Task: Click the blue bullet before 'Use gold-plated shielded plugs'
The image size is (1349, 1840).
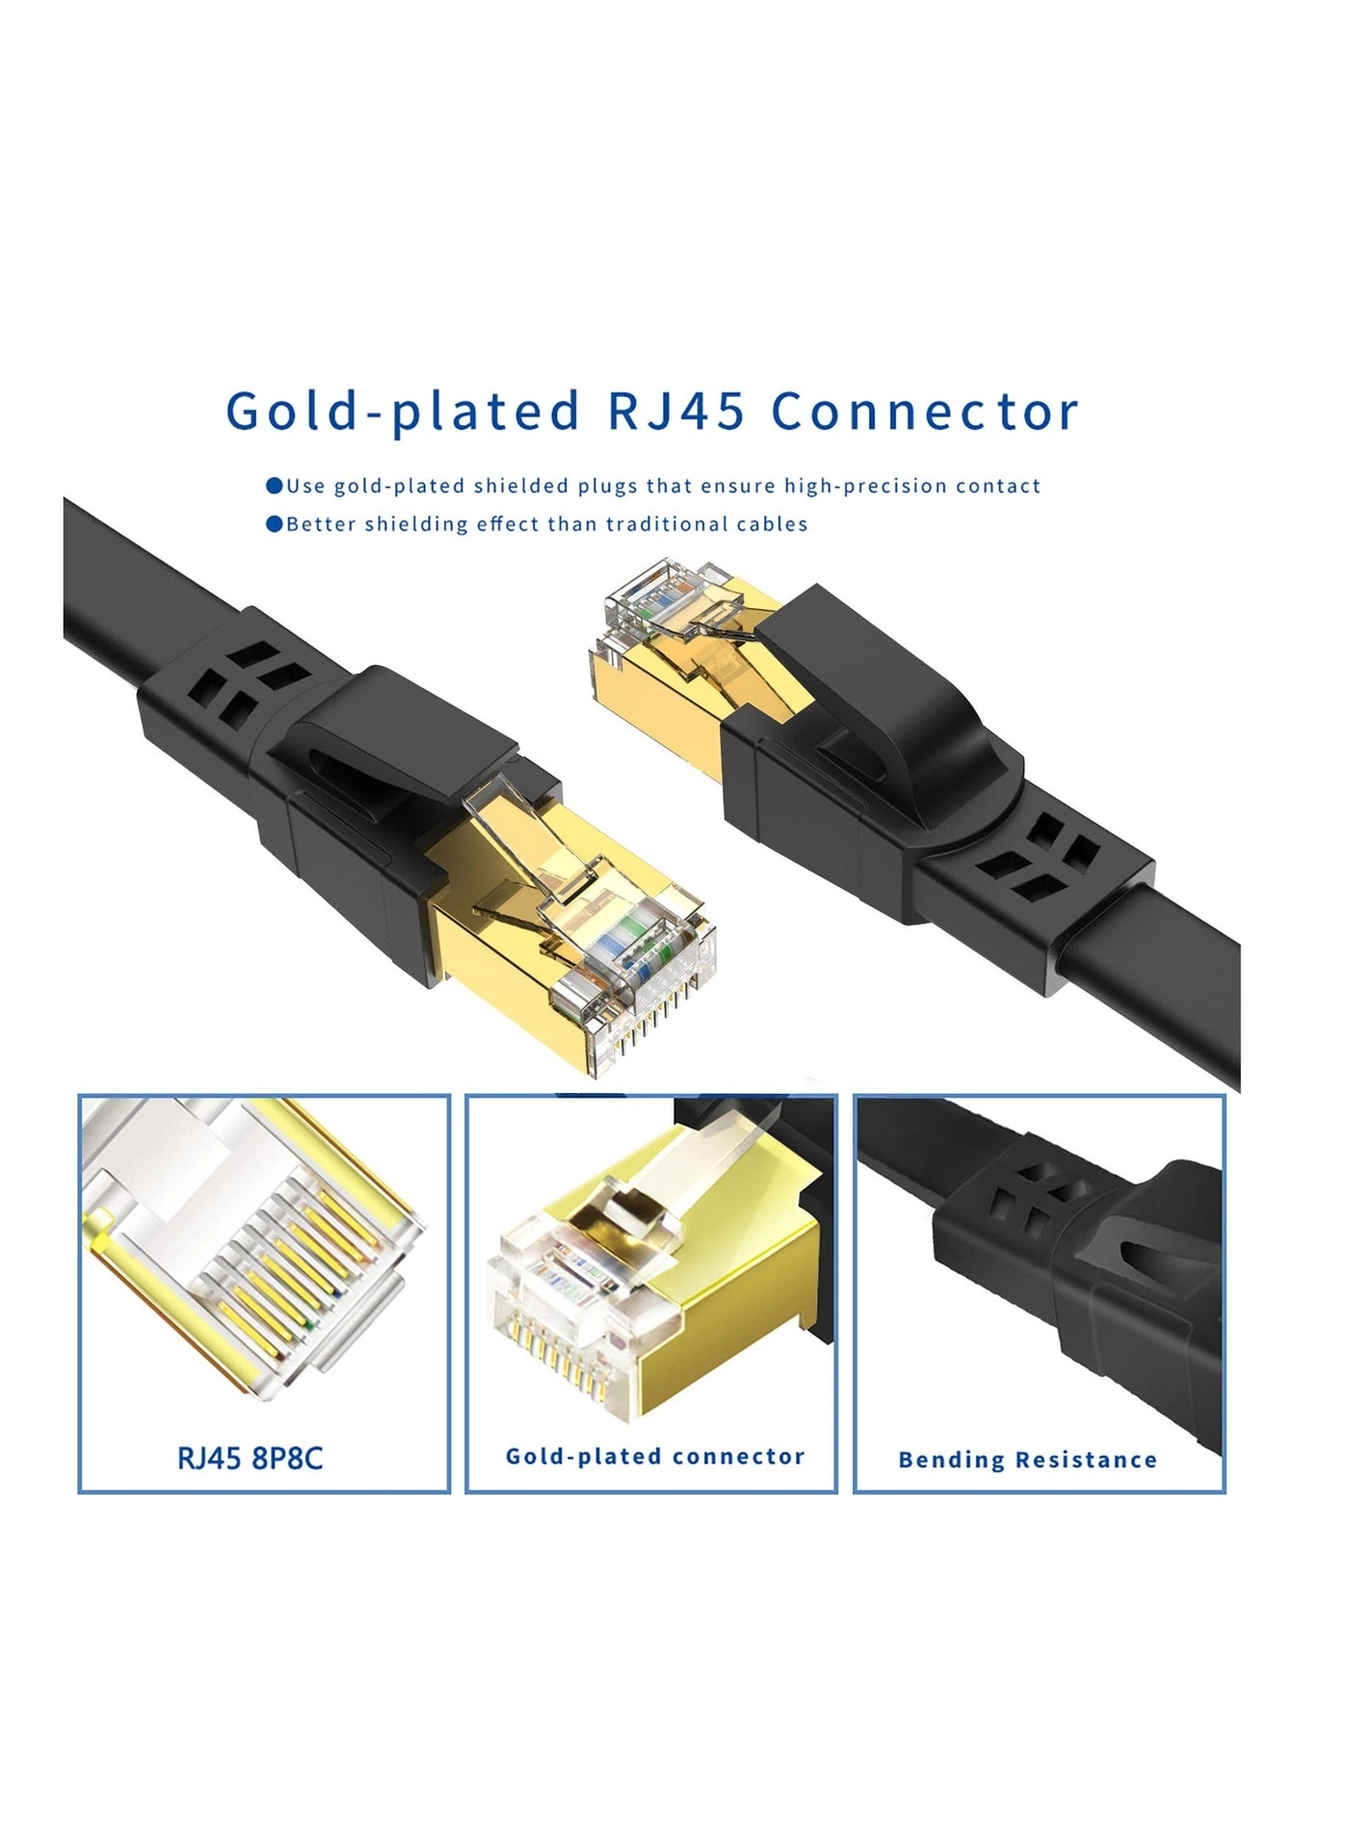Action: [275, 486]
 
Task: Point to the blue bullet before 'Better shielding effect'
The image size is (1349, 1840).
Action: [275, 524]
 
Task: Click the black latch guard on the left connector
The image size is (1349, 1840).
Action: [385, 742]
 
